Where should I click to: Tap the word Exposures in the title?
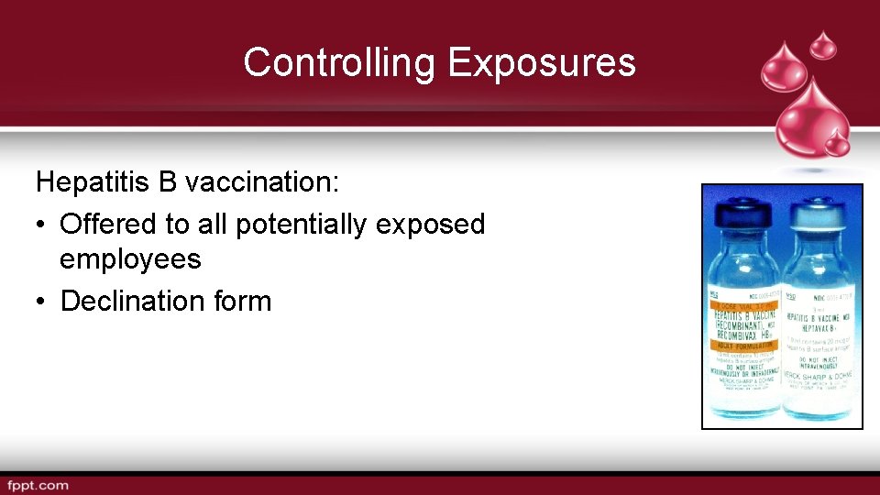tap(542, 62)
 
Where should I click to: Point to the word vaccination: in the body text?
tap(262, 181)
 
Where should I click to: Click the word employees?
tap(130, 259)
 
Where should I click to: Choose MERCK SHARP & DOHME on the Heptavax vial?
tap(817, 379)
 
